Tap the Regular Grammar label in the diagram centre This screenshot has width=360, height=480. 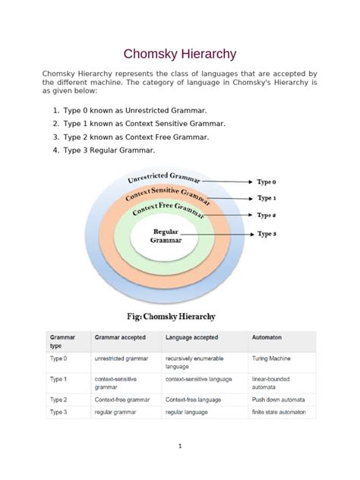pos(166,235)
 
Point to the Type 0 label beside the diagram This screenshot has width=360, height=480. pos(267,182)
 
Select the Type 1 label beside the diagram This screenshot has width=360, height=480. pos(267,198)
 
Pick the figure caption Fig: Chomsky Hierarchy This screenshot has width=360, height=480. pos(166,315)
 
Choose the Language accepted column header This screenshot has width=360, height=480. pos(192,336)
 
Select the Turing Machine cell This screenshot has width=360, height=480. pos(271,357)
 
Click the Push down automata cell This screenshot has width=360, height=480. pos(278,399)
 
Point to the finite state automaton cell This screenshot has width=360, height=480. pos(279,412)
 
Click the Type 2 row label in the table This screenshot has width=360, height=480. pos(58,399)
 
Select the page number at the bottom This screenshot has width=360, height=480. pos(180,447)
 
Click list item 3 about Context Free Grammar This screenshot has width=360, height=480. pos(124,137)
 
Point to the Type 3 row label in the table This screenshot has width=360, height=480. pos(58,412)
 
